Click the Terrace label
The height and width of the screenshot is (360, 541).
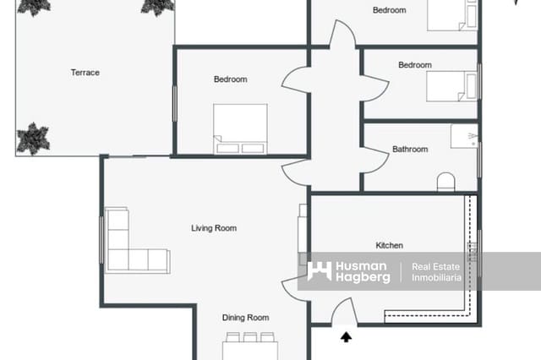coord(85,73)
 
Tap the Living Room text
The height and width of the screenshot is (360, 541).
coord(213,228)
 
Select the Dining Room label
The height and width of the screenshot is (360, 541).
coord(245,318)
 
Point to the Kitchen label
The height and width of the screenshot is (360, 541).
coord(389,246)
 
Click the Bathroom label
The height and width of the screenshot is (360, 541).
coord(410,150)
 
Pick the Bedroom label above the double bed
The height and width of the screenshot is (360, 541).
coord(230,79)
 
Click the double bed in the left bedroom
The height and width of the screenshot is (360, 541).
coord(240,128)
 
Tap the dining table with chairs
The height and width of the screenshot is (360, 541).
coord(250,347)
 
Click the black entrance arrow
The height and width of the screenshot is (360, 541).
coord(346,337)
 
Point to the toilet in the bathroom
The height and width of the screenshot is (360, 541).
coord(445,181)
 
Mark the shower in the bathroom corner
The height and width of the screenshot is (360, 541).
coord(464,137)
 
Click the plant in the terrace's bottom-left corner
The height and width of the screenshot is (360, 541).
coord(33,138)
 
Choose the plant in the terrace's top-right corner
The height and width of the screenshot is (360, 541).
coord(157,7)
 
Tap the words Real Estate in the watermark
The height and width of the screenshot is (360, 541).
coord(435,267)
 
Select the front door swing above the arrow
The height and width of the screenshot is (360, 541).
coord(343,314)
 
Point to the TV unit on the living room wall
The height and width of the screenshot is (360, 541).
coord(301,228)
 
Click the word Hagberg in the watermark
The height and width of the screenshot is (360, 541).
coord(363,278)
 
